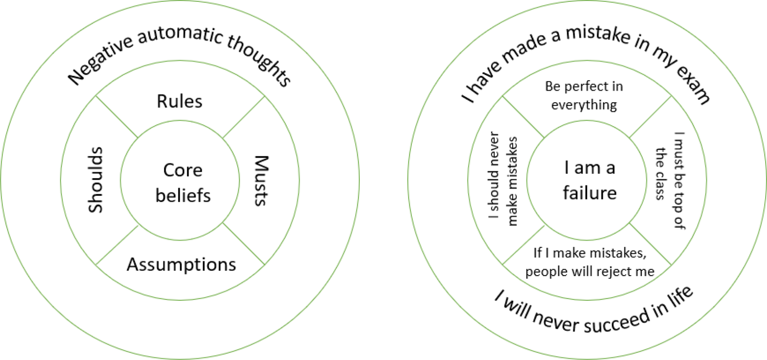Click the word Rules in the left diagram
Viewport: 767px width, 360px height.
pyautogui.click(x=180, y=102)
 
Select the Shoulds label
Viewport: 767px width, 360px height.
pyautogui.click(x=95, y=180)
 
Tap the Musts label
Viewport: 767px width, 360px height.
pyautogui.click(x=262, y=180)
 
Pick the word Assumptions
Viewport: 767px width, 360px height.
pyautogui.click(x=181, y=264)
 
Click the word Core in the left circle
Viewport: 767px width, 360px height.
pyautogui.click(x=183, y=170)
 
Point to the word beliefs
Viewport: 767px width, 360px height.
pyautogui.click(x=183, y=195)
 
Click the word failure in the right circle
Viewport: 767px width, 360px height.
pyautogui.click(x=589, y=193)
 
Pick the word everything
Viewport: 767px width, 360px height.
pyautogui.click(x=584, y=105)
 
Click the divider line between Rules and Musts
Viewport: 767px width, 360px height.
pyautogui.click(x=244, y=117)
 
